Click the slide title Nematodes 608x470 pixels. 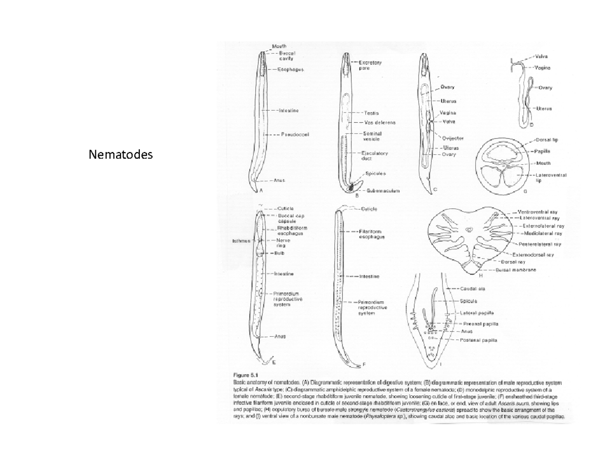pyautogui.click(x=120, y=154)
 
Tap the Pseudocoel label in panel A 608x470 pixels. pyautogui.click(x=296, y=134)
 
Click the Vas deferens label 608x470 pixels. pyautogui.click(x=379, y=122)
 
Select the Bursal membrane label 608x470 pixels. pyautogui.click(x=519, y=270)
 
